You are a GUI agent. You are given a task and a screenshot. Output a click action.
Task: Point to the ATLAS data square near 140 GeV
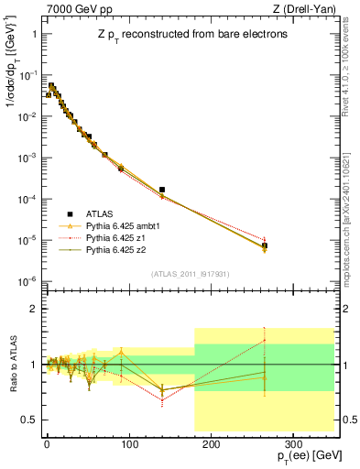click(162, 190)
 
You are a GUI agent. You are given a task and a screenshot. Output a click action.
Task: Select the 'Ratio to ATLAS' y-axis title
click(11, 364)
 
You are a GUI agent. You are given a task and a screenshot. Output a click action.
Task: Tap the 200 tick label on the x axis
click(210, 442)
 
